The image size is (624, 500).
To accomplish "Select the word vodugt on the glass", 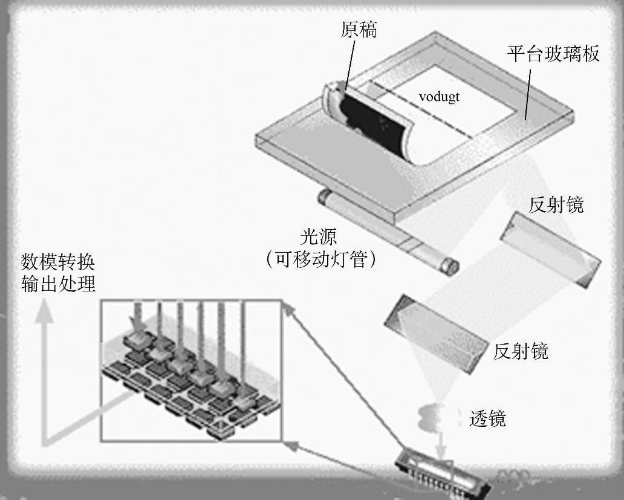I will pos(439,97).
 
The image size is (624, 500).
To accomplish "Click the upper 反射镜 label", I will pos(556,204).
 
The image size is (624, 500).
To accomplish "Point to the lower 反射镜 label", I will pos(521,351).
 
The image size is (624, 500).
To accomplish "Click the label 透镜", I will pos(487,418).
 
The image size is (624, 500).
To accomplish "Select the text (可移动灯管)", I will pos(320,259).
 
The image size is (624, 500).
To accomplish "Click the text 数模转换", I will pos(58,262).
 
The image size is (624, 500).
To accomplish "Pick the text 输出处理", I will pos(58,284).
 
